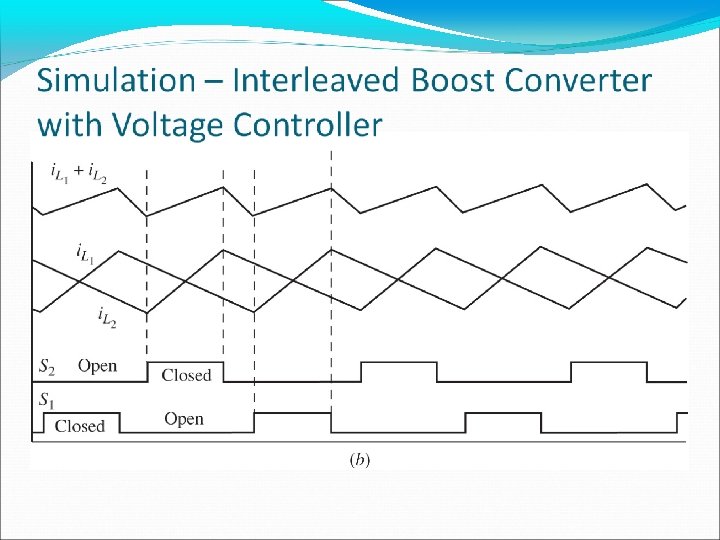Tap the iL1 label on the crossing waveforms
pos(86,252)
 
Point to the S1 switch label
pos(46,400)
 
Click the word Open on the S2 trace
pos(97,366)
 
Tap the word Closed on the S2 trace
pos(186,375)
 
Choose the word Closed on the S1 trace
pos(80,426)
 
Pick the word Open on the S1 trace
pos(184,419)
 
